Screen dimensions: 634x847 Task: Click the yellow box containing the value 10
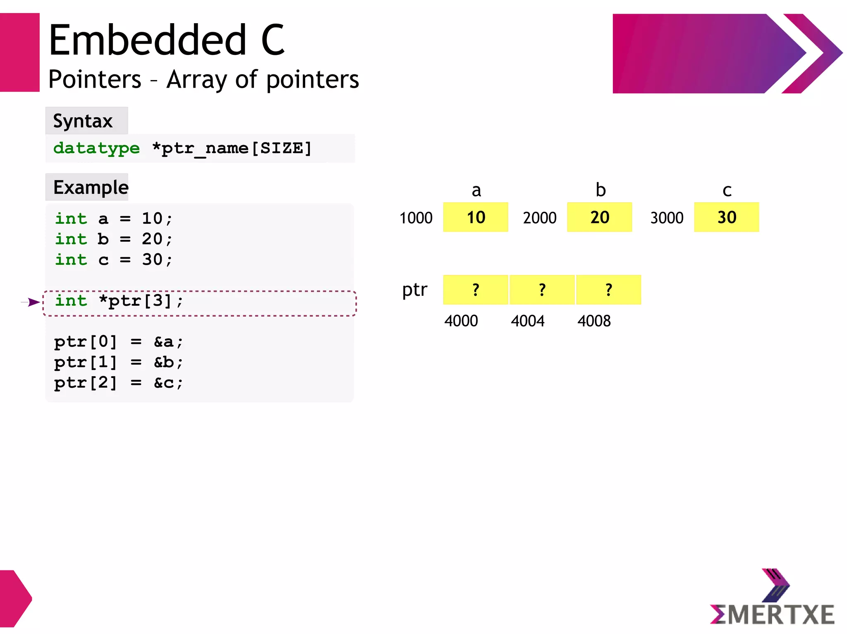pos(475,217)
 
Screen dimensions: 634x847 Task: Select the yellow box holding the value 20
pos(599,217)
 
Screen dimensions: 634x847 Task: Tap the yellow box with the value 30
pos(726,217)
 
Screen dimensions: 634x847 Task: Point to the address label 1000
pos(416,218)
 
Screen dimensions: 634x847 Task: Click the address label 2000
pos(540,218)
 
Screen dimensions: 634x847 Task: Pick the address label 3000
pos(667,218)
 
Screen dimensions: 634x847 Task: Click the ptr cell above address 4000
pos(475,290)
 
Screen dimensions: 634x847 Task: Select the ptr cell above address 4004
pos(542,290)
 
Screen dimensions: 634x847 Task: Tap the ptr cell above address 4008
pos(608,290)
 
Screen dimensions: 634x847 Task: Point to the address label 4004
pos(527,321)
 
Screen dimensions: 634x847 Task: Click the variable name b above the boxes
pos(601,190)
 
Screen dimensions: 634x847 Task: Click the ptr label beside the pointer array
pos(414,290)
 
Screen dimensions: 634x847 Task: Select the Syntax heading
pos(83,121)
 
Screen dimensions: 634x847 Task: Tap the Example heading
pos(91,188)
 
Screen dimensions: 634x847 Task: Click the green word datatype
pos(97,148)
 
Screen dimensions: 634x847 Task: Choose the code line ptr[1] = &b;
pos(118,363)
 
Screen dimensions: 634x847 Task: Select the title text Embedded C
pos(167,40)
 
